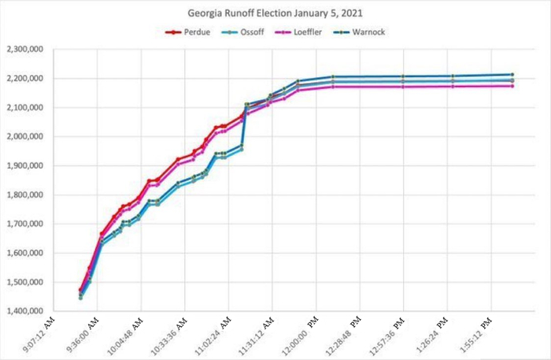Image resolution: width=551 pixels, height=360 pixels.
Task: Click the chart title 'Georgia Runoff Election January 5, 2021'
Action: point(275,14)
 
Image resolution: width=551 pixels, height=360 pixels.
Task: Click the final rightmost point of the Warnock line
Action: point(512,74)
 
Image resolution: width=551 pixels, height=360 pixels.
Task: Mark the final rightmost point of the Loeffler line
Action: point(512,86)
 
